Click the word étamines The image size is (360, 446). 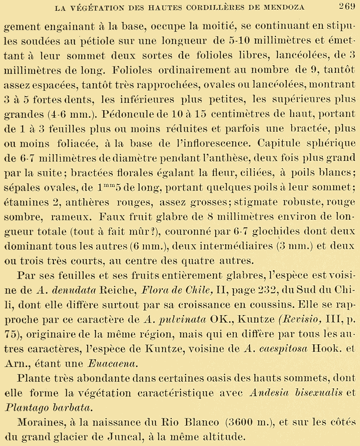pos(26,202)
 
